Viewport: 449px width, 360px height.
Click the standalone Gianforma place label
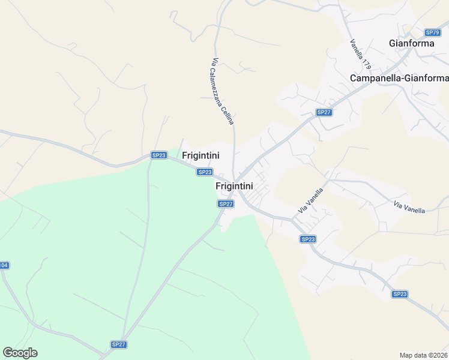pyautogui.click(x=411, y=43)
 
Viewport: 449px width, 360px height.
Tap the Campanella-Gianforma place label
pyautogui.click(x=399, y=79)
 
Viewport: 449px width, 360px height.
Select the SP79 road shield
pyautogui.click(x=432, y=32)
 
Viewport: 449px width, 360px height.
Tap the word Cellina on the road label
pyautogui.click(x=229, y=113)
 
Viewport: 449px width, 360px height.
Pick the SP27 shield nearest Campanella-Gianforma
pyautogui.click(x=324, y=112)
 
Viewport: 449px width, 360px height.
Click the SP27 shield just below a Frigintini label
pyautogui.click(x=225, y=204)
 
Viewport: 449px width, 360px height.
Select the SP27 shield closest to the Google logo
pyautogui.click(x=119, y=344)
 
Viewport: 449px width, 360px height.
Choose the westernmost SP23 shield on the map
pyautogui.click(x=158, y=155)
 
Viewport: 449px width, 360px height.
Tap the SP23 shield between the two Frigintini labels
pyautogui.click(x=205, y=172)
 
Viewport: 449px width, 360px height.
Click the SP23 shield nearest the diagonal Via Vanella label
pyautogui.click(x=307, y=239)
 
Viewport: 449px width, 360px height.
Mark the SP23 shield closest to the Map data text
pyautogui.click(x=400, y=294)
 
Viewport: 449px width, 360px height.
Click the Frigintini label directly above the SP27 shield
pyautogui.click(x=237, y=187)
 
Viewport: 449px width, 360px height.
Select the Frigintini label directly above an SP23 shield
pyautogui.click(x=200, y=155)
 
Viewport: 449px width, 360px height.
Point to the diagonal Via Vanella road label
pyautogui.click(x=311, y=202)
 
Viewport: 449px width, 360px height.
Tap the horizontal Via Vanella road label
pyautogui.click(x=409, y=208)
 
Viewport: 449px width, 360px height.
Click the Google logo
pyautogui.click(x=20, y=353)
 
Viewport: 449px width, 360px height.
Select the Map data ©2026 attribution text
pyautogui.click(x=424, y=355)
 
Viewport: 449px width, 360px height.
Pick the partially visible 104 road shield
pyautogui.click(x=4, y=265)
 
